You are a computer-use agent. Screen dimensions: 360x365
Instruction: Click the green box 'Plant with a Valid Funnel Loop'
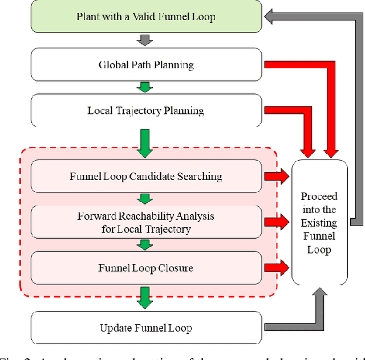pyautogui.click(x=146, y=16)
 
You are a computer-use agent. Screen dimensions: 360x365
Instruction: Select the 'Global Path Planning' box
pyautogui.click(x=146, y=64)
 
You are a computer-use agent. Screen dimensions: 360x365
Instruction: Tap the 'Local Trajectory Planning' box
pyautogui.click(x=146, y=110)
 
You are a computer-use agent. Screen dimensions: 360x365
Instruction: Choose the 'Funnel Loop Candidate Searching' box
pyautogui.click(x=146, y=176)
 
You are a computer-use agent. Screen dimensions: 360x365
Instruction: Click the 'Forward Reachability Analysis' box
pyautogui.click(x=146, y=222)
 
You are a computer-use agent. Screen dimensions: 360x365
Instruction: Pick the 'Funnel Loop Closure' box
pyautogui.click(x=146, y=268)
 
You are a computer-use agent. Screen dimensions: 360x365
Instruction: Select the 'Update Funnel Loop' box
pyautogui.click(x=146, y=328)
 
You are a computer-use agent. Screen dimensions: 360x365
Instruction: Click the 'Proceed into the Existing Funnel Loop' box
pyautogui.click(x=319, y=223)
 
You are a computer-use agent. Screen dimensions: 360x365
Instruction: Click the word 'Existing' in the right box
pyautogui.click(x=319, y=223)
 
